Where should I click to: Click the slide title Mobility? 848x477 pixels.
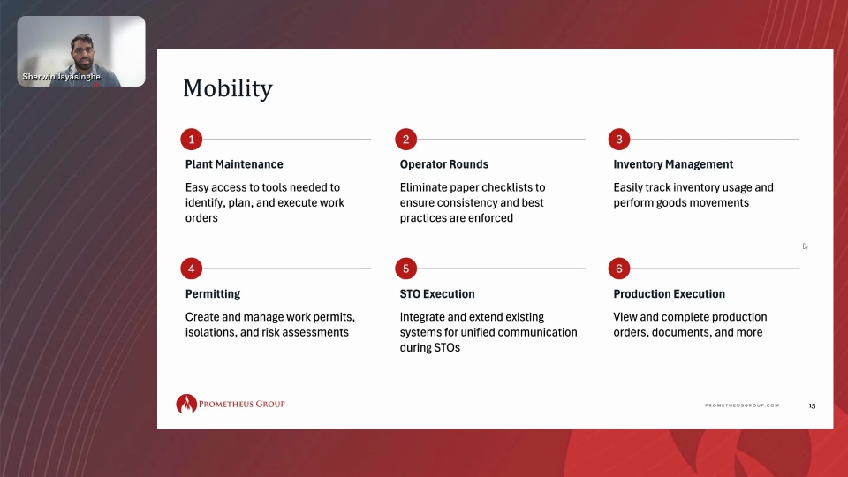pyautogui.click(x=228, y=88)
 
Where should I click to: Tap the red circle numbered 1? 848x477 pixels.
pyautogui.click(x=192, y=140)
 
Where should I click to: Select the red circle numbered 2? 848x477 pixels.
pyautogui.click(x=405, y=140)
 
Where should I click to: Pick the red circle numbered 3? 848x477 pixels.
pyautogui.click(x=619, y=140)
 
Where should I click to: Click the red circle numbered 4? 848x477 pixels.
pyautogui.click(x=192, y=269)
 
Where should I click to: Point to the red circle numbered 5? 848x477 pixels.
pyautogui.click(x=405, y=269)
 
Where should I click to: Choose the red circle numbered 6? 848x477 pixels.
pyautogui.click(x=619, y=269)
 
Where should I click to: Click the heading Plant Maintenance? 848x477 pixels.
pyautogui.click(x=234, y=164)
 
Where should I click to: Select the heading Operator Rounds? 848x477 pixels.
pyautogui.click(x=444, y=164)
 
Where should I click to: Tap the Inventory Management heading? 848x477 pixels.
pyautogui.click(x=673, y=164)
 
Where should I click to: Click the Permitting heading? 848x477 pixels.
pyautogui.click(x=213, y=294)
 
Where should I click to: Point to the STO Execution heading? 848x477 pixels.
pyautogui.click(x=437, y=293)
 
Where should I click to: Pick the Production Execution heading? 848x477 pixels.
pyautogui.click(x=669, y=293)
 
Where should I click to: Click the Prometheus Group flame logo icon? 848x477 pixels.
pyautogui.click(x=186, y=404)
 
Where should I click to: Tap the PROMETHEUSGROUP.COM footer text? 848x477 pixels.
pyautogui.click(x=741, y=405)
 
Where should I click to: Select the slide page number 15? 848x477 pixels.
pyautogui.click(x=812, y=405)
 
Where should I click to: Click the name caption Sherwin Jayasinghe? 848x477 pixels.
pyautogui.click(x=61, y=77)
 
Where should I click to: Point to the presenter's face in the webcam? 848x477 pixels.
pyautogui.click(x=83, y=54)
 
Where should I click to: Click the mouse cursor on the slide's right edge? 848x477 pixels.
pyautogui.click(x=805, y=246)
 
